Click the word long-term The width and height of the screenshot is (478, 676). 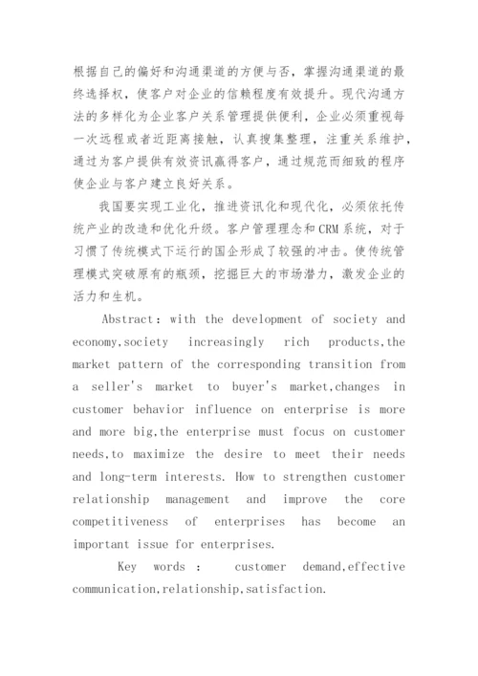point(128,476)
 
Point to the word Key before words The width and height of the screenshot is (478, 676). point(128,566)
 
